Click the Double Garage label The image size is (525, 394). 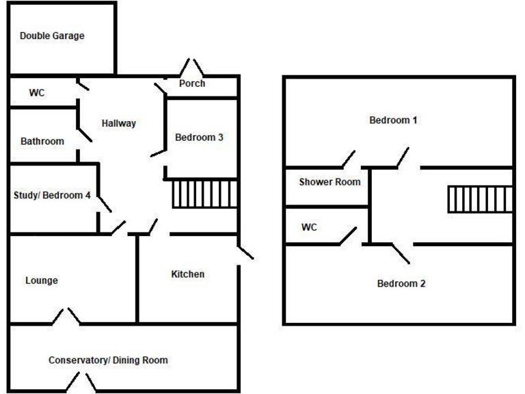52,36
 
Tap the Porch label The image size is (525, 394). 192,84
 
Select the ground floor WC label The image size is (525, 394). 37,93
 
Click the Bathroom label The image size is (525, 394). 42,142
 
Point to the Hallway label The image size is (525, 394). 119,124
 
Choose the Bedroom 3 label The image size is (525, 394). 200,137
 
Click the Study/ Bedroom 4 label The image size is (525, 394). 52,195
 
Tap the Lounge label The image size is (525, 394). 42,280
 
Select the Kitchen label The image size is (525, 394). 187,274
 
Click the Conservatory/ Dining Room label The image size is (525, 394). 108,360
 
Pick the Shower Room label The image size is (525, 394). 329,182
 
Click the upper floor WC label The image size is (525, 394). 310,227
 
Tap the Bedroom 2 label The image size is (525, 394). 402,283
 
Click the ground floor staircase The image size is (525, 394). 204,194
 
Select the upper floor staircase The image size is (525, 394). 480,199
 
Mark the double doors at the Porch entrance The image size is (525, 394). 192,68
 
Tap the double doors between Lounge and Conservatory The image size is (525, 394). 67,316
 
